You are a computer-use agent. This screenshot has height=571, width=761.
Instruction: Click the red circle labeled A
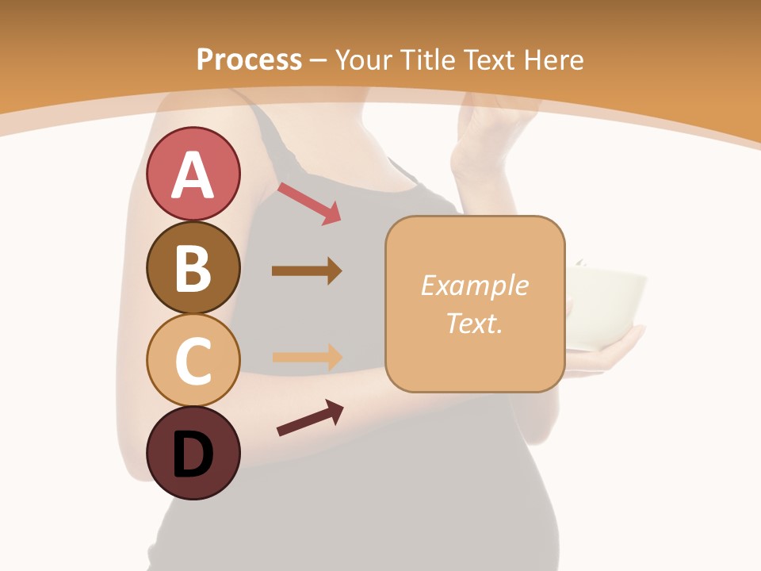pyautogui.click(x=193, y=174)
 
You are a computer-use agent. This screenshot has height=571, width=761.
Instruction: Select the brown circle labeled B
pyautogui.click(x=193, y=267)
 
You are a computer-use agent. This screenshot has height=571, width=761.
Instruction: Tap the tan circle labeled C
pyautogui.click(x=193, y=360)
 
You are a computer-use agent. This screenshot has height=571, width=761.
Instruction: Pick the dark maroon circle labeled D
pyautogui.click(x=193, y=453)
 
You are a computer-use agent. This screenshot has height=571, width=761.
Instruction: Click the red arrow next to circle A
pyautogui.click(x=309, y=203)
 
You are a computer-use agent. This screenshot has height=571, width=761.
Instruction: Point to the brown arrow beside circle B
pyautogui.click(x=307, y=271)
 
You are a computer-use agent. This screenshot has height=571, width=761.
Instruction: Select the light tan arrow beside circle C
pyautogui.click(x=307, y=357)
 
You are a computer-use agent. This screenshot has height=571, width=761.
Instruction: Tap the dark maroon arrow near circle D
pyautogui.click(x=310, y=418)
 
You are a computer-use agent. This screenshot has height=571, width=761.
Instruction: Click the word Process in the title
pyautogui.click(x=249, y=59)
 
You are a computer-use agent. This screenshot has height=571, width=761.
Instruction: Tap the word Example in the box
pyautogui.click(x=474, y=285)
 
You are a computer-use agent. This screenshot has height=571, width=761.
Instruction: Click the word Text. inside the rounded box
pyautogui.click(x=474, y=323)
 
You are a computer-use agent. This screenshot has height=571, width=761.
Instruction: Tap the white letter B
pyautogui.click(x=193, y=268)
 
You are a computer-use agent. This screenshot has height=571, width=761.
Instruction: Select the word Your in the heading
pyautogui.click(x=364, y=59)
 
